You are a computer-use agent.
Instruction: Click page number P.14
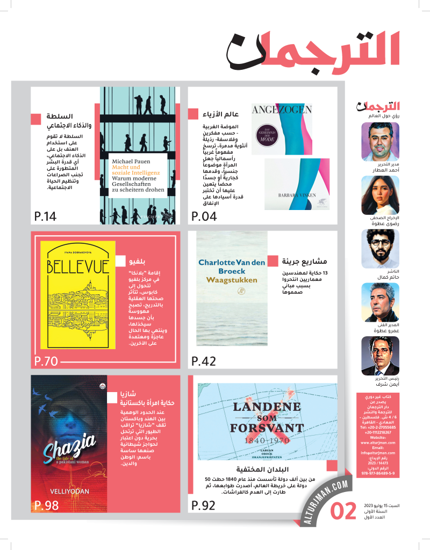pos(45,217)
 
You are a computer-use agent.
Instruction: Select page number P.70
pos(46,361)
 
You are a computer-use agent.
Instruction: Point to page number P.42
pos(204,361)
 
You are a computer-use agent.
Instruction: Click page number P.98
pos(46,505)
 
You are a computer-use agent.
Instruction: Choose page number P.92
pos(204,505)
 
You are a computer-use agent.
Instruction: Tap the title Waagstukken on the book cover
pos(232,280)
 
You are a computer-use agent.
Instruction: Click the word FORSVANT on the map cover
pos(260,428)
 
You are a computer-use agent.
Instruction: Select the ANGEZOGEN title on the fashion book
pos(282,110)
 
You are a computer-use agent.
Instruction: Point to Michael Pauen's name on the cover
pos(131,161)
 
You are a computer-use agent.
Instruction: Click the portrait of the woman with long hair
pos(380,195)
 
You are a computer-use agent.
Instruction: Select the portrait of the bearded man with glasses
pos(380,248)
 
